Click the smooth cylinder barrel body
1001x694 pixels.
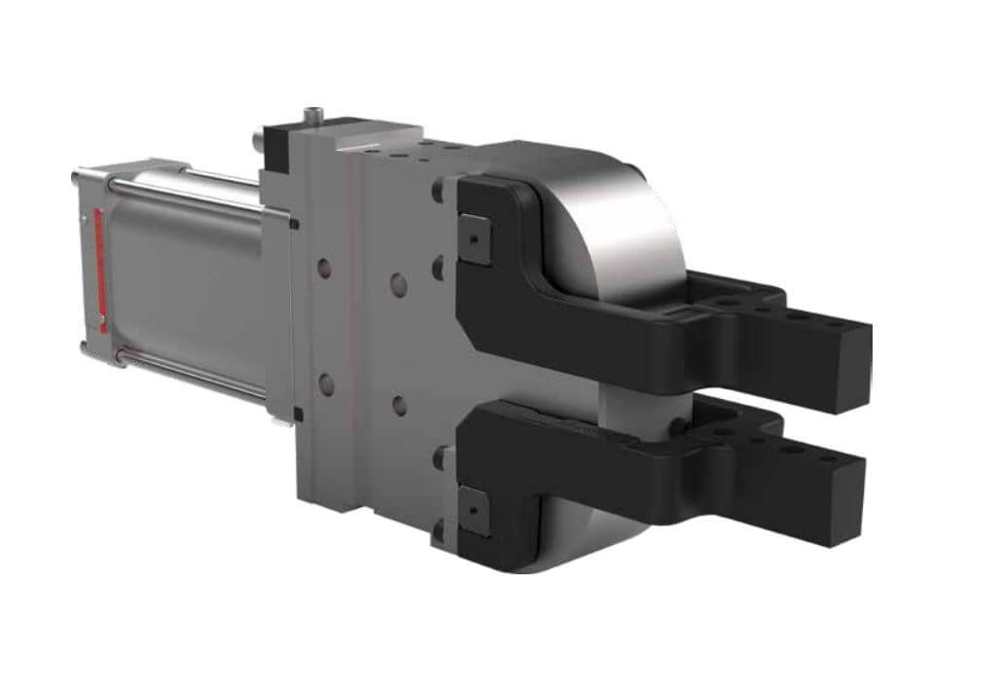(x=185, y=282)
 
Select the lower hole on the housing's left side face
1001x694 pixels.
(x=325, y=384)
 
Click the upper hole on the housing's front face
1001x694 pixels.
(x=398, y=284)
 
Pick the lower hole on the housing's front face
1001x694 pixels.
(x=399, y=404)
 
